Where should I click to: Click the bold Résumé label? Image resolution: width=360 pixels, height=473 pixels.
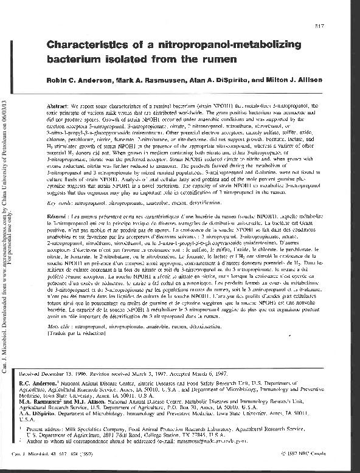[x=60, y=216]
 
